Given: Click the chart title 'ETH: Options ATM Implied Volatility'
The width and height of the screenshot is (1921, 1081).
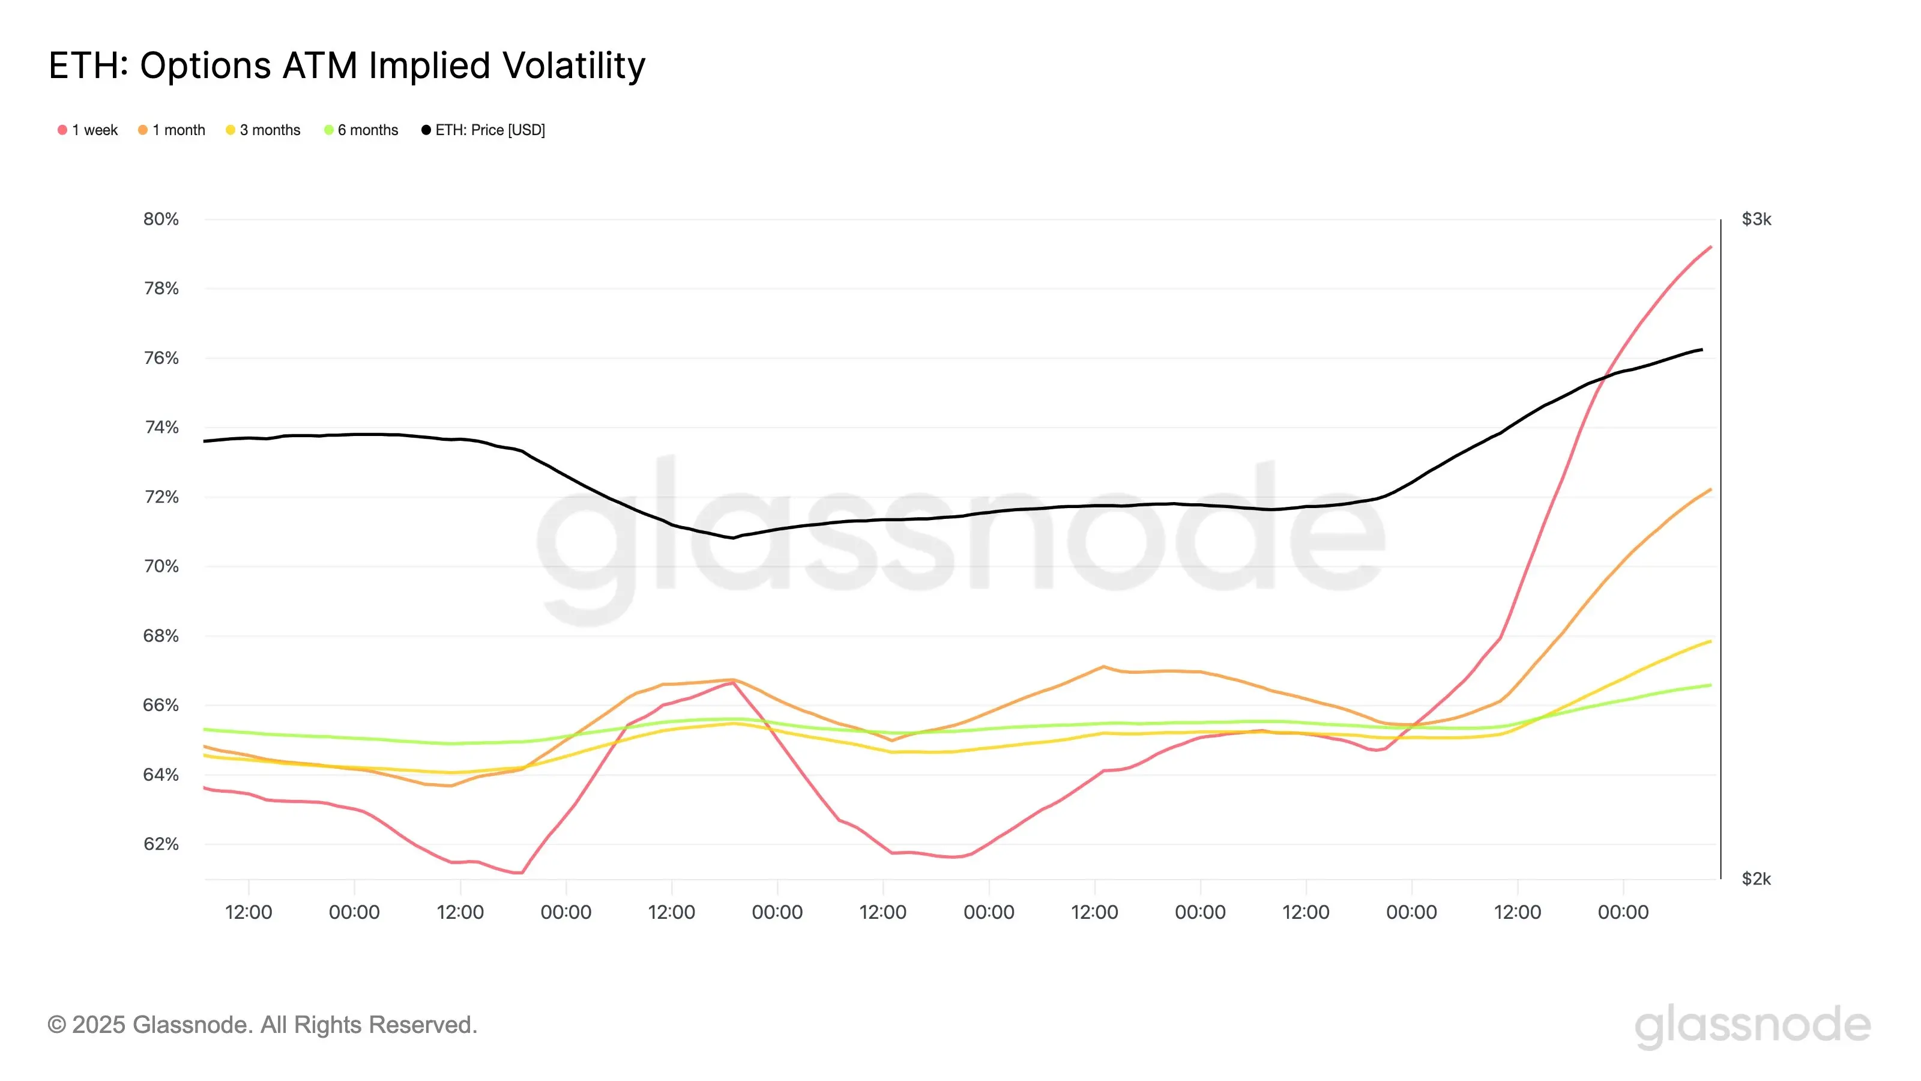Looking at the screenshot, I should point(347,65).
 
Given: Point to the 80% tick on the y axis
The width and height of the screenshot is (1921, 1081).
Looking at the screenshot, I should point(161,219).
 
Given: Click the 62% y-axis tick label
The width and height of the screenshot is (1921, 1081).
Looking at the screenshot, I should point(161,844).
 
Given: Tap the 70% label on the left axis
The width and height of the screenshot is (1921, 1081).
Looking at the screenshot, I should point(161,566).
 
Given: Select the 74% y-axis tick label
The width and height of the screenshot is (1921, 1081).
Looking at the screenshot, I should point(161,428).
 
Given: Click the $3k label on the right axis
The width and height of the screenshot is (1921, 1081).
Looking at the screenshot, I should point(1756,219).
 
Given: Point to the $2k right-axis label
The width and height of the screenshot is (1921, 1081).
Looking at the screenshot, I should point(1756,879).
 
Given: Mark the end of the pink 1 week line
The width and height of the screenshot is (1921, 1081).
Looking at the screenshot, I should point(1711,247).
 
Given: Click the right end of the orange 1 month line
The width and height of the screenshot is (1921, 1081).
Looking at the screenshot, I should point(1711,489).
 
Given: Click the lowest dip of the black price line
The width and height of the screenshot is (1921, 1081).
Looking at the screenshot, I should point(733,538).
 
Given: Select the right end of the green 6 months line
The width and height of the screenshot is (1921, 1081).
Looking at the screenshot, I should point(1711,685).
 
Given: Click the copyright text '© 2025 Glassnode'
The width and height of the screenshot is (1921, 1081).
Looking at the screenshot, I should point(262,1025).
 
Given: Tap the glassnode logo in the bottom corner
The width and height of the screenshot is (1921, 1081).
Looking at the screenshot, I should point(1752,1026).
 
